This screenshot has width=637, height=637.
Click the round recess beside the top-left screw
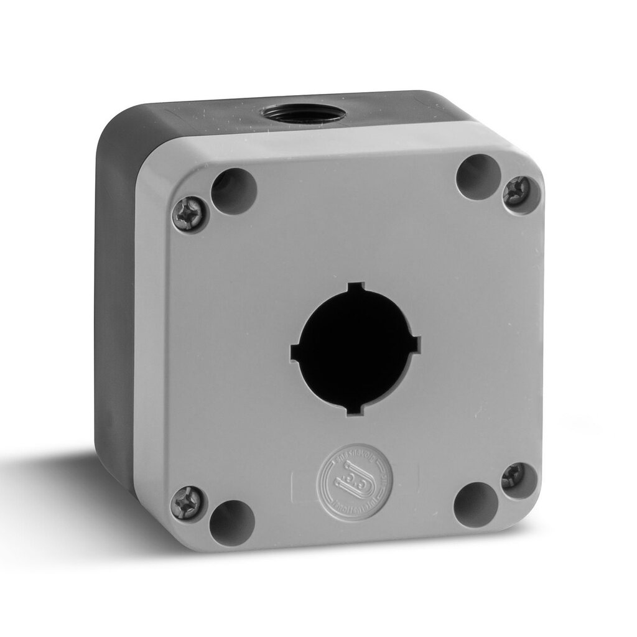click(234, 191)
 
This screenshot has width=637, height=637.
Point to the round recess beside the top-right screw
click(478, 177)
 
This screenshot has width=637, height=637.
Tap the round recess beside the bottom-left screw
click(231, 522)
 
